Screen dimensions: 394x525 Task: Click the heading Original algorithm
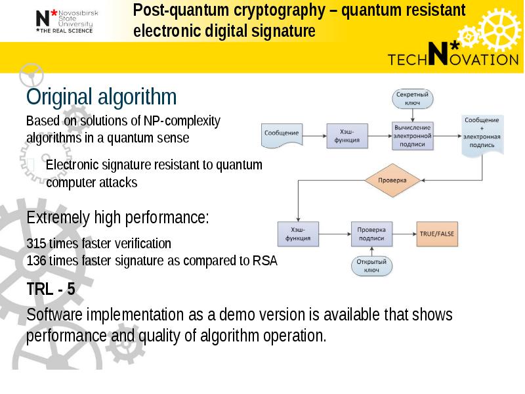(x=101, y=98)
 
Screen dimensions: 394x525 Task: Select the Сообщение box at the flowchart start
(x=282, y=133)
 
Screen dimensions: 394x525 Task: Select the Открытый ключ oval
(x=371, y=265)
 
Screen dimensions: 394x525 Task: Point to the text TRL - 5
(x=51, y=289)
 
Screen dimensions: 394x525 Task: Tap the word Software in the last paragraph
(x=56, y=315)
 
